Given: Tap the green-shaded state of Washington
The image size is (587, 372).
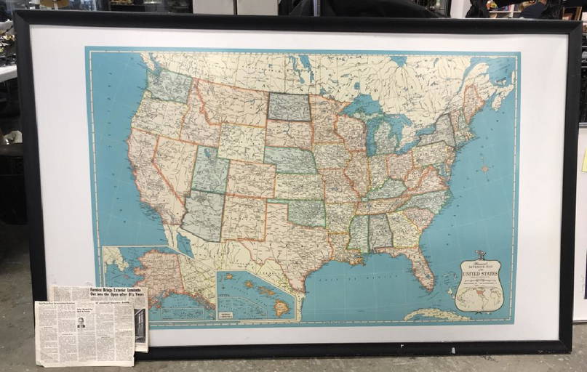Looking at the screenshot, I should click(x=169, y=85).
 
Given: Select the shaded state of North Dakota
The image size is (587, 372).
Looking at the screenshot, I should click(x=289, y=107).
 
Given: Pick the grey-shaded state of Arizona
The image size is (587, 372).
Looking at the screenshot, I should click(x=203, y=214).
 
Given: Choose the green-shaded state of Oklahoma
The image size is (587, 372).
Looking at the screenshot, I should click(x=305, y=211).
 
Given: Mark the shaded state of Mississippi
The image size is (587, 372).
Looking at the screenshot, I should click(x=359, y=235).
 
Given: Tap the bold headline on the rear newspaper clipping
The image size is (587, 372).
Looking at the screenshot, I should click(x=116, y=293).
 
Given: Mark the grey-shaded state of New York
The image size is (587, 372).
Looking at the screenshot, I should click(x=440, y=132).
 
